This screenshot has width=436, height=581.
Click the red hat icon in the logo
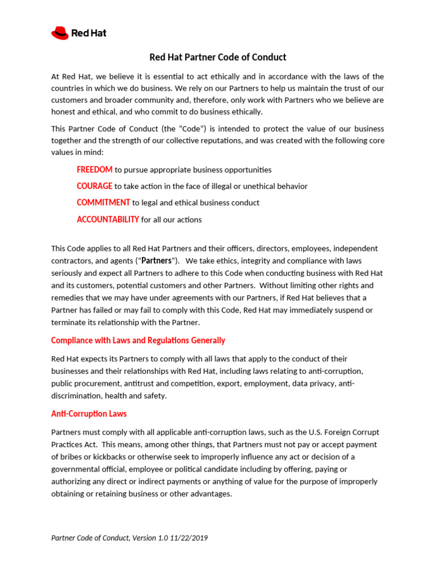click(60, 33)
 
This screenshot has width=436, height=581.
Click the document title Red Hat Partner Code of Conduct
click(217, 57)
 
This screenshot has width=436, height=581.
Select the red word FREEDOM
click(94, 170)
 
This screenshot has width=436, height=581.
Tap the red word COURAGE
click(94, 186)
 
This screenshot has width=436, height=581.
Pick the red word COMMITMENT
click(103, 203)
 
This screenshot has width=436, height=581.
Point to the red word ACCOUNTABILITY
click(108, 220)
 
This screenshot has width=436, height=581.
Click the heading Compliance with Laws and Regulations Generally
click(138, 340)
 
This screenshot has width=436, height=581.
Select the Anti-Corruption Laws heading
click(89, 414)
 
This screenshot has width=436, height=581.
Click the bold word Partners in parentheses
click(156, 261)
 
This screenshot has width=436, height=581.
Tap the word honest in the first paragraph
click(64, 112)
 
